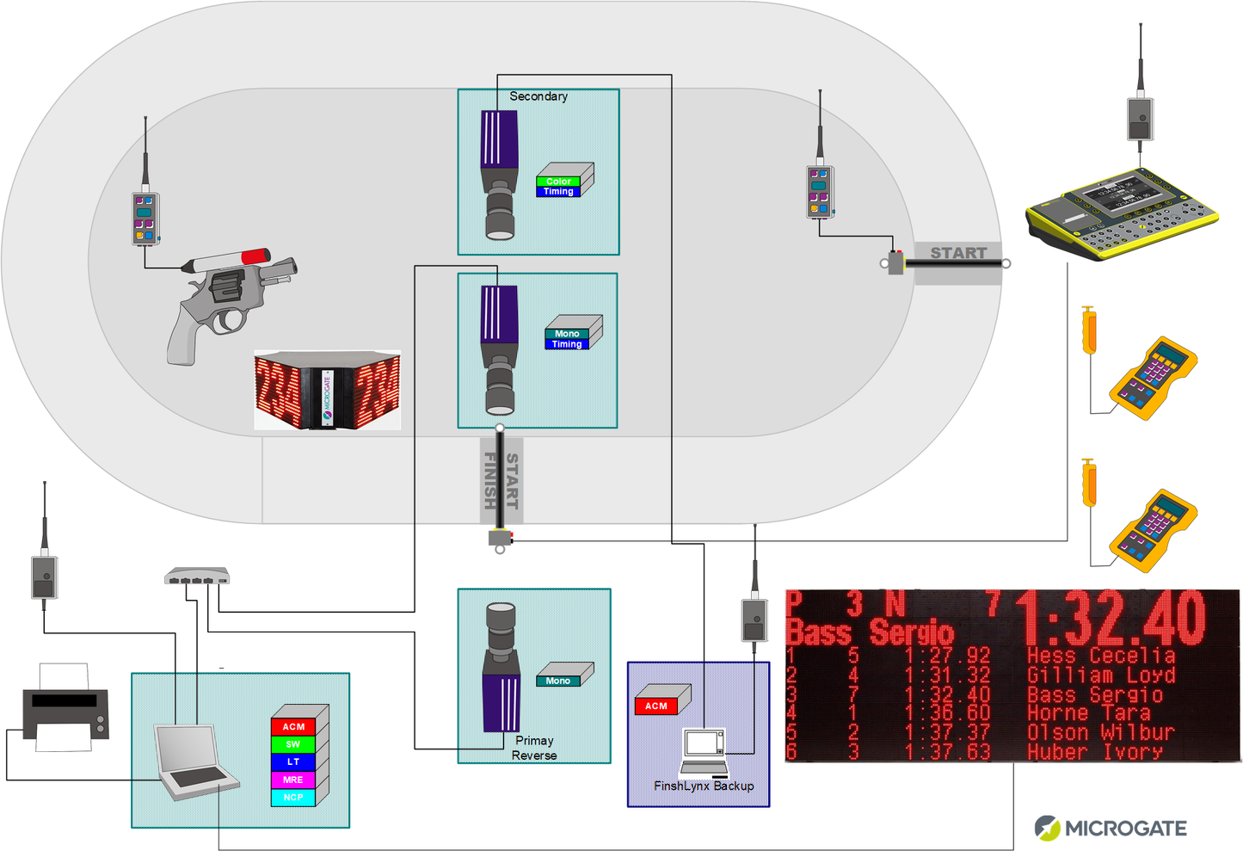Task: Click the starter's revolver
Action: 228,301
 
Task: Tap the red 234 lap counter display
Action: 327,390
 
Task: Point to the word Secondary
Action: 538,96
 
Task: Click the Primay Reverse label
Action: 534,748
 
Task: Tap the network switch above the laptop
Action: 197,577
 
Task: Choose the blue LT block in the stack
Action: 293,762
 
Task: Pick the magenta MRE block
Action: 293,780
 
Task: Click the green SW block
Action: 293,744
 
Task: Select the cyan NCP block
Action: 293,798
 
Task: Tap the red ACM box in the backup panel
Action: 657,706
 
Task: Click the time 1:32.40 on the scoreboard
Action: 1114,618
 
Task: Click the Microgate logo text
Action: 1125,828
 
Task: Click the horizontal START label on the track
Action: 957,253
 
